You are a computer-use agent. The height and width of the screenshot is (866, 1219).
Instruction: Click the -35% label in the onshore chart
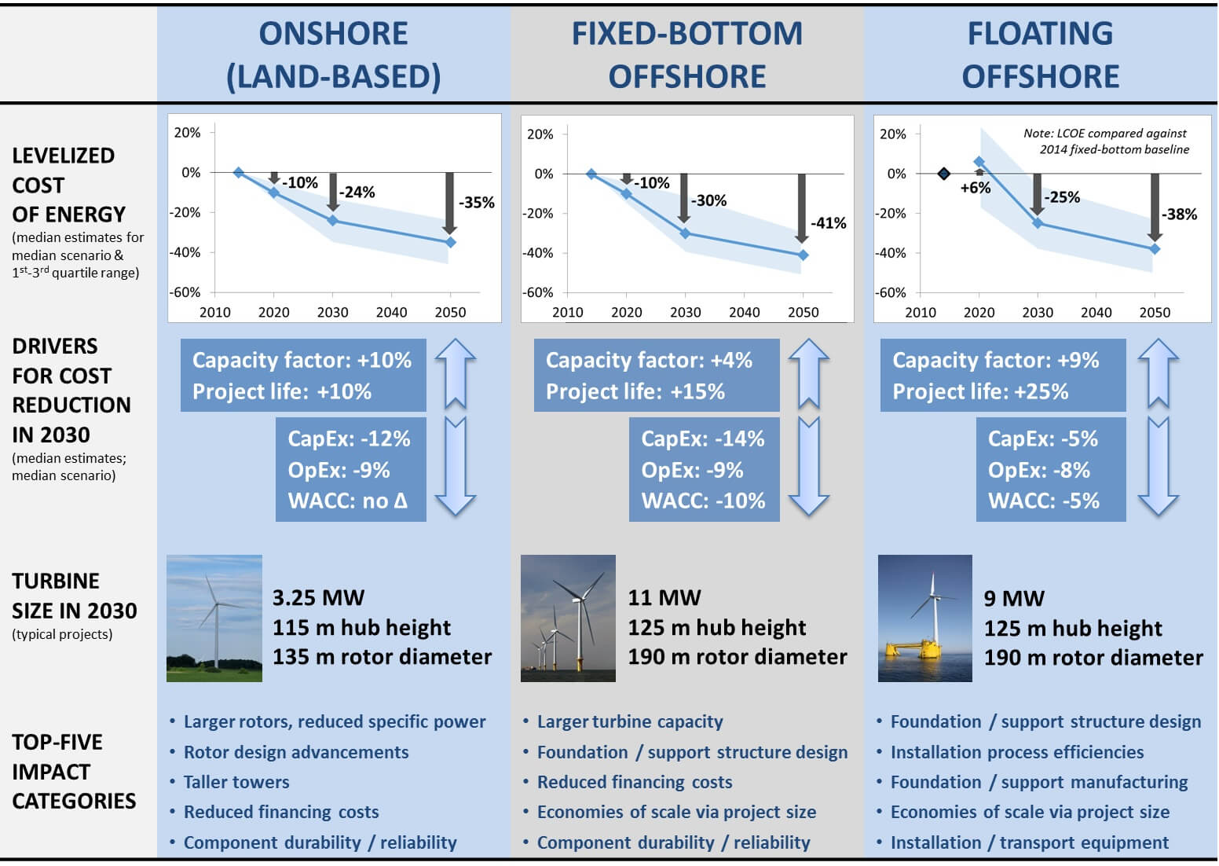[x=477, y=203]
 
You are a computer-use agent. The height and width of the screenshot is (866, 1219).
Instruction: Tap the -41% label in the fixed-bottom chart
[x=829, y=223]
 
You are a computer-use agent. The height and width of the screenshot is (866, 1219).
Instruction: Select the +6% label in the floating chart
[x=975, y=188]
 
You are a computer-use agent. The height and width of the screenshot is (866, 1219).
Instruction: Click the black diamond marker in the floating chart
[x=944, y=174]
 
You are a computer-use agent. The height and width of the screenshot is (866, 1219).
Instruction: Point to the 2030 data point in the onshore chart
[x=332, y=221]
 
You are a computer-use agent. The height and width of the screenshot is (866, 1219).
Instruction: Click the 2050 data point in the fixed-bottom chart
[x=803, y=255]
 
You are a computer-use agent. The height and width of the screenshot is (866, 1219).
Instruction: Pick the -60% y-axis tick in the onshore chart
[x=185, y=292]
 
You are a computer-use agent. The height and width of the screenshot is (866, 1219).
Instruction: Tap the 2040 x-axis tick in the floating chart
[x=1096, y=313]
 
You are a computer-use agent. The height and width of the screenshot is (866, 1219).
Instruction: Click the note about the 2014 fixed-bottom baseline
[x=1106, y=141]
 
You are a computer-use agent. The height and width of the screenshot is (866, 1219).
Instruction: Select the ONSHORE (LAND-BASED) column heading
[x=334, y=55]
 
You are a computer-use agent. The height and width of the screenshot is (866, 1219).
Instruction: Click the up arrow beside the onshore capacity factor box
[x=456, y=373]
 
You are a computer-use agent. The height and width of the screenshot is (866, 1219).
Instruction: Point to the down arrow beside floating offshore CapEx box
[x=1158, y=468]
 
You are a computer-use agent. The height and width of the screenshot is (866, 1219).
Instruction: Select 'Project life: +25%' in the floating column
[x=980, y=392]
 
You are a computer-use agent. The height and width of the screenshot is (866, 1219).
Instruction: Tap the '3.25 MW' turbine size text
[x=318, y=598]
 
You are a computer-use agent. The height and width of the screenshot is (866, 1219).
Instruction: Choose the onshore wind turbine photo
[x=214, y=618]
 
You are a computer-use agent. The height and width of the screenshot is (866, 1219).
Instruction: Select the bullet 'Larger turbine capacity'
[x=630, y=721]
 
